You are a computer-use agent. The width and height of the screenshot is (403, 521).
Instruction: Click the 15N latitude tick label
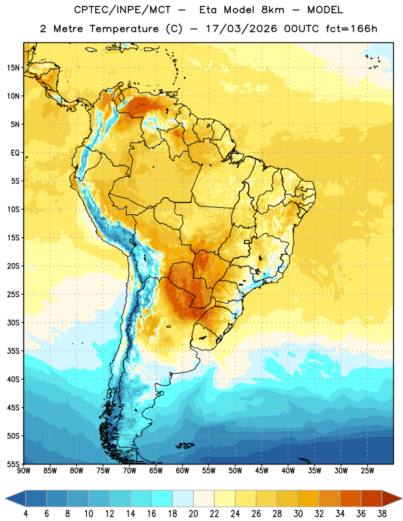[13, 68]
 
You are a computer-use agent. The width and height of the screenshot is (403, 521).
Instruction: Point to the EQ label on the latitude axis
[15, 153]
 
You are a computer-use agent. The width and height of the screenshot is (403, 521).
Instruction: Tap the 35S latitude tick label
[13, 351]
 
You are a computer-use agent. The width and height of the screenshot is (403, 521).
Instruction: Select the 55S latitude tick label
[13, 464]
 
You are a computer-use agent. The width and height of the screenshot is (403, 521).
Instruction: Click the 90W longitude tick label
[23, 471]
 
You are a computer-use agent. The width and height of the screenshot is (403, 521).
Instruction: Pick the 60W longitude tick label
[183, 471]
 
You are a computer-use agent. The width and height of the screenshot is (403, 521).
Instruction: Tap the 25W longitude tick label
[367, 471]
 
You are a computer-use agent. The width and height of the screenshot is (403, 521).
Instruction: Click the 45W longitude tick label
[262, 471]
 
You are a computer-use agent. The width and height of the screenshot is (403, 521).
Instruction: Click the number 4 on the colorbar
[25, 514]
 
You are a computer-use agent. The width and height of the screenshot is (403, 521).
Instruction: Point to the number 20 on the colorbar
[193, 514]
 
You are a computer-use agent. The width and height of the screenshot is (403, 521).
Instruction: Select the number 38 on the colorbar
[382, 514]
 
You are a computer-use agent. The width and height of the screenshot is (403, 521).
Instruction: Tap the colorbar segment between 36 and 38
[372, 499]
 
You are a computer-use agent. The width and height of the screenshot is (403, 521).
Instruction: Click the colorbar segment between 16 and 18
[162, 499]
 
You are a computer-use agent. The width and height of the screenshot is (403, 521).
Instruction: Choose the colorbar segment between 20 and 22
[204, 499]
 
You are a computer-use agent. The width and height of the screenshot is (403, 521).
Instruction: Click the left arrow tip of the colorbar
[5, 499]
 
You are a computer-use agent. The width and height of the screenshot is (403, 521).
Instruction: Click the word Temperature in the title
[124, 29]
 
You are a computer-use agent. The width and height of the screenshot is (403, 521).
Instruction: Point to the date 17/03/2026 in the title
[241, 29]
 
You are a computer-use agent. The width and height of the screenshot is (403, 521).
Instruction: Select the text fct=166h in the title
[351, 29]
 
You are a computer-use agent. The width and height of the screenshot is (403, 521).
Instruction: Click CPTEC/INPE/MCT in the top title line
[123, 10]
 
